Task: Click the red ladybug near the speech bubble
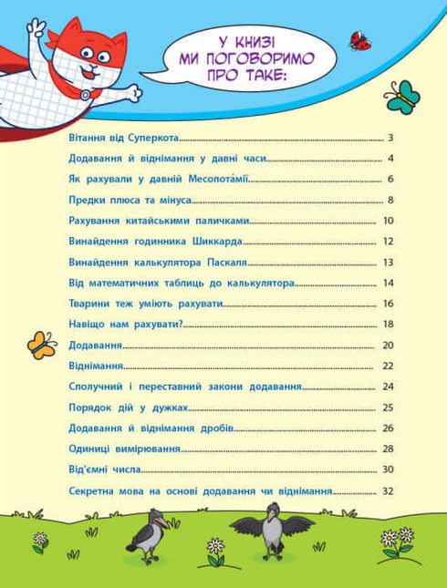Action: (359, 40)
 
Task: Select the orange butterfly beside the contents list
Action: (41, 344)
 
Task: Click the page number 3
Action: (389, 139)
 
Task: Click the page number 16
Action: (387, 304)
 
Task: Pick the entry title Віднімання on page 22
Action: (97, 366)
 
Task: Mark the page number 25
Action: (387, 407)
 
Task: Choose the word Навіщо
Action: (88, 325)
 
